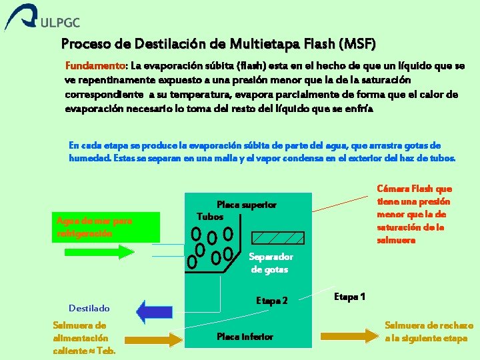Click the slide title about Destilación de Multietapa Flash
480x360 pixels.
[x=218, y=45]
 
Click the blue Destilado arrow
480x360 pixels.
[x=154, y=311]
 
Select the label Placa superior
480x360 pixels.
[x=247, y=205]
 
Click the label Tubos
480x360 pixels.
[x=211, y=217]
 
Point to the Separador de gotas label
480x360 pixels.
[x=270, y=263]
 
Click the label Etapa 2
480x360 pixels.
[x=272, y=301]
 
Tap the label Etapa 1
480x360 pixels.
[x=349, y=296]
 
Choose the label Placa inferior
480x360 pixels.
[x=245, y=337]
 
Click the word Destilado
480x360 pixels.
[x=89, y=308]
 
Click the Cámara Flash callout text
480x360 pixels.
[x=414, y=214]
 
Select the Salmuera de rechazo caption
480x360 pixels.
[x=429, y=332]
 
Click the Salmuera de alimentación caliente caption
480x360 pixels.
[x=84, y=338]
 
